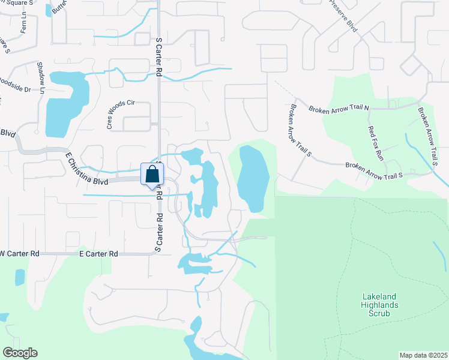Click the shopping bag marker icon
point(152,175)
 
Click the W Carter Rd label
point(19,254)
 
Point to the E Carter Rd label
point(98,254)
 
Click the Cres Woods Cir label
point(121,114)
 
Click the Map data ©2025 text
point(423,355)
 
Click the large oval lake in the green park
point(251,179)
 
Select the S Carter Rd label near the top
point(159,58)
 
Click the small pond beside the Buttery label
point(49,10)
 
